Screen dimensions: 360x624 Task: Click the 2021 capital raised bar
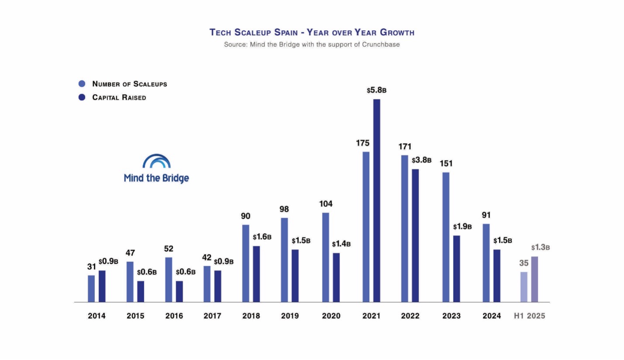point(377,201)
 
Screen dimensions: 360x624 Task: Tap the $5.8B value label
point(377,90)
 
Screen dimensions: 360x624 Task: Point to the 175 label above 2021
point(363,143)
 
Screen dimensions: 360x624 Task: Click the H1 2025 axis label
point(529,316)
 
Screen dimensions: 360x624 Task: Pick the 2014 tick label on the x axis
point(96,316)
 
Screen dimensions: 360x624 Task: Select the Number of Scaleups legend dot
point(82,84)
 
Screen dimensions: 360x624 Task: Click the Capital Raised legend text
point(119,98)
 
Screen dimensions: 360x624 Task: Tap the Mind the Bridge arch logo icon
point(156,161)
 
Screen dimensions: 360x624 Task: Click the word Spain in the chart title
point(288,32)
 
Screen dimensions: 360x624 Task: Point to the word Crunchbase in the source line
point(381,45)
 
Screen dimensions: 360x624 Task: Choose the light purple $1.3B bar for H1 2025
point(535,279)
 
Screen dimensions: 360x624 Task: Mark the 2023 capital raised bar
point(456,269)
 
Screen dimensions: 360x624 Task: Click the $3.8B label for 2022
point(422,160)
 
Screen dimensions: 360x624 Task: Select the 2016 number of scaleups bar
point(169,280)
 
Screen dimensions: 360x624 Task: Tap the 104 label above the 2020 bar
point(326,204)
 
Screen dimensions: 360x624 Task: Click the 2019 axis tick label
point(290,316)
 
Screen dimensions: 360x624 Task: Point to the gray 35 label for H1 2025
point(524,263)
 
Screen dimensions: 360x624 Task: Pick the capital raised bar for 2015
point(141,291)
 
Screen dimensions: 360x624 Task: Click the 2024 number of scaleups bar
point(486,263)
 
